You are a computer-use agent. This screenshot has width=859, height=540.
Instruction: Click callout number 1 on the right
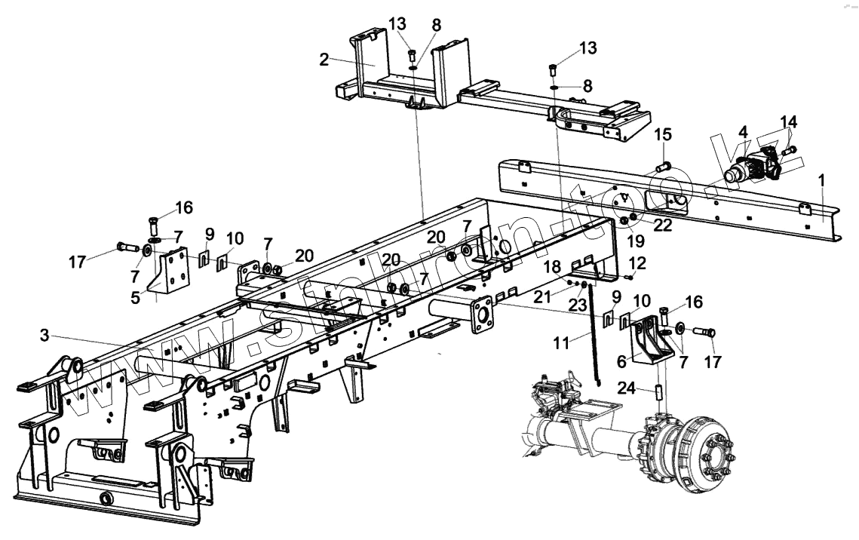pyautogui.click(x=821, y=181)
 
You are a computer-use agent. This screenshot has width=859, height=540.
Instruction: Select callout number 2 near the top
pyautogui.click(x=324, y=60)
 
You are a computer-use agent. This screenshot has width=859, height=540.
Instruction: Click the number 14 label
pyautogui.click(x=787, y=121)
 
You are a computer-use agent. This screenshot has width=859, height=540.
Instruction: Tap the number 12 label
pyautogui.click(x=637, y=263)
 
